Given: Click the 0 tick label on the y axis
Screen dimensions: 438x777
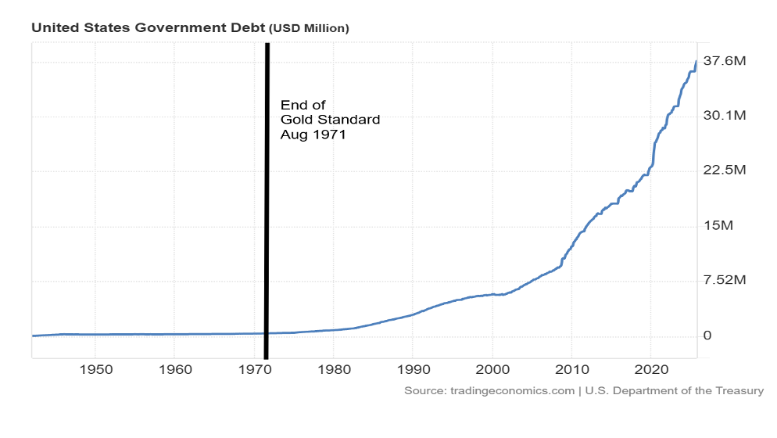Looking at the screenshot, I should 709,336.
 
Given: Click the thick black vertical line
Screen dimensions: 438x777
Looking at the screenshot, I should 267,196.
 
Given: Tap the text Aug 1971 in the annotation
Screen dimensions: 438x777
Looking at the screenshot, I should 313,135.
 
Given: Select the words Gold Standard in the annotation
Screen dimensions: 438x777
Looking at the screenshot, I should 330,120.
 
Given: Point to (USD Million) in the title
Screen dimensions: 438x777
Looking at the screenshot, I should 309,28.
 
